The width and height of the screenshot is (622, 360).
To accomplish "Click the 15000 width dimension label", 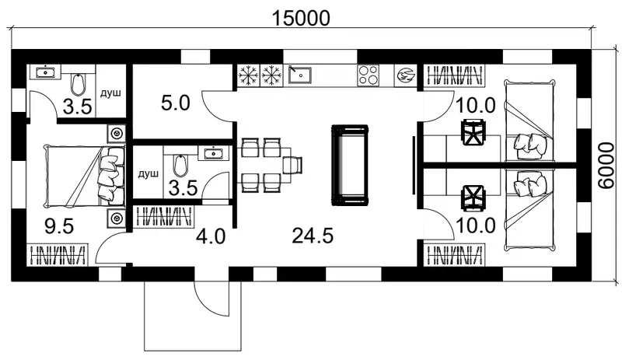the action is point(301,18).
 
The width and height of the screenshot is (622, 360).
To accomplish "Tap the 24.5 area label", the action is point(313,236).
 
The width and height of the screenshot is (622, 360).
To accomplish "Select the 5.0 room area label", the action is point(176,103).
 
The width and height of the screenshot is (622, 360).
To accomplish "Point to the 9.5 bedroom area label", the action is point(59,226).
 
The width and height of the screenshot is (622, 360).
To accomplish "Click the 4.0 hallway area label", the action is point(211,236).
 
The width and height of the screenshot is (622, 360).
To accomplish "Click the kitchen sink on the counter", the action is point(300,75).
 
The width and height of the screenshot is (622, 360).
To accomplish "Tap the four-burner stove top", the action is point(368,75).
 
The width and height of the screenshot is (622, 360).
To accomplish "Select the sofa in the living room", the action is point(350,165).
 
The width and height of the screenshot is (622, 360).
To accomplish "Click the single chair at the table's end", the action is point(293,165).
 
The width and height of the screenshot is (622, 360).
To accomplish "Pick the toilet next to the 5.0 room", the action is point(180,166).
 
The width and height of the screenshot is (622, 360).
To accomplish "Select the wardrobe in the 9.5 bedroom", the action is point(58,255).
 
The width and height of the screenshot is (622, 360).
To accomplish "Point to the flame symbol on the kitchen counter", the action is point(405,75).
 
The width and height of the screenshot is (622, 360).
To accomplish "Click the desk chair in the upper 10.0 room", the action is point(473,132).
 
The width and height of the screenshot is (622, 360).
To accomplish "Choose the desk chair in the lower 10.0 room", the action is point(473,197).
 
